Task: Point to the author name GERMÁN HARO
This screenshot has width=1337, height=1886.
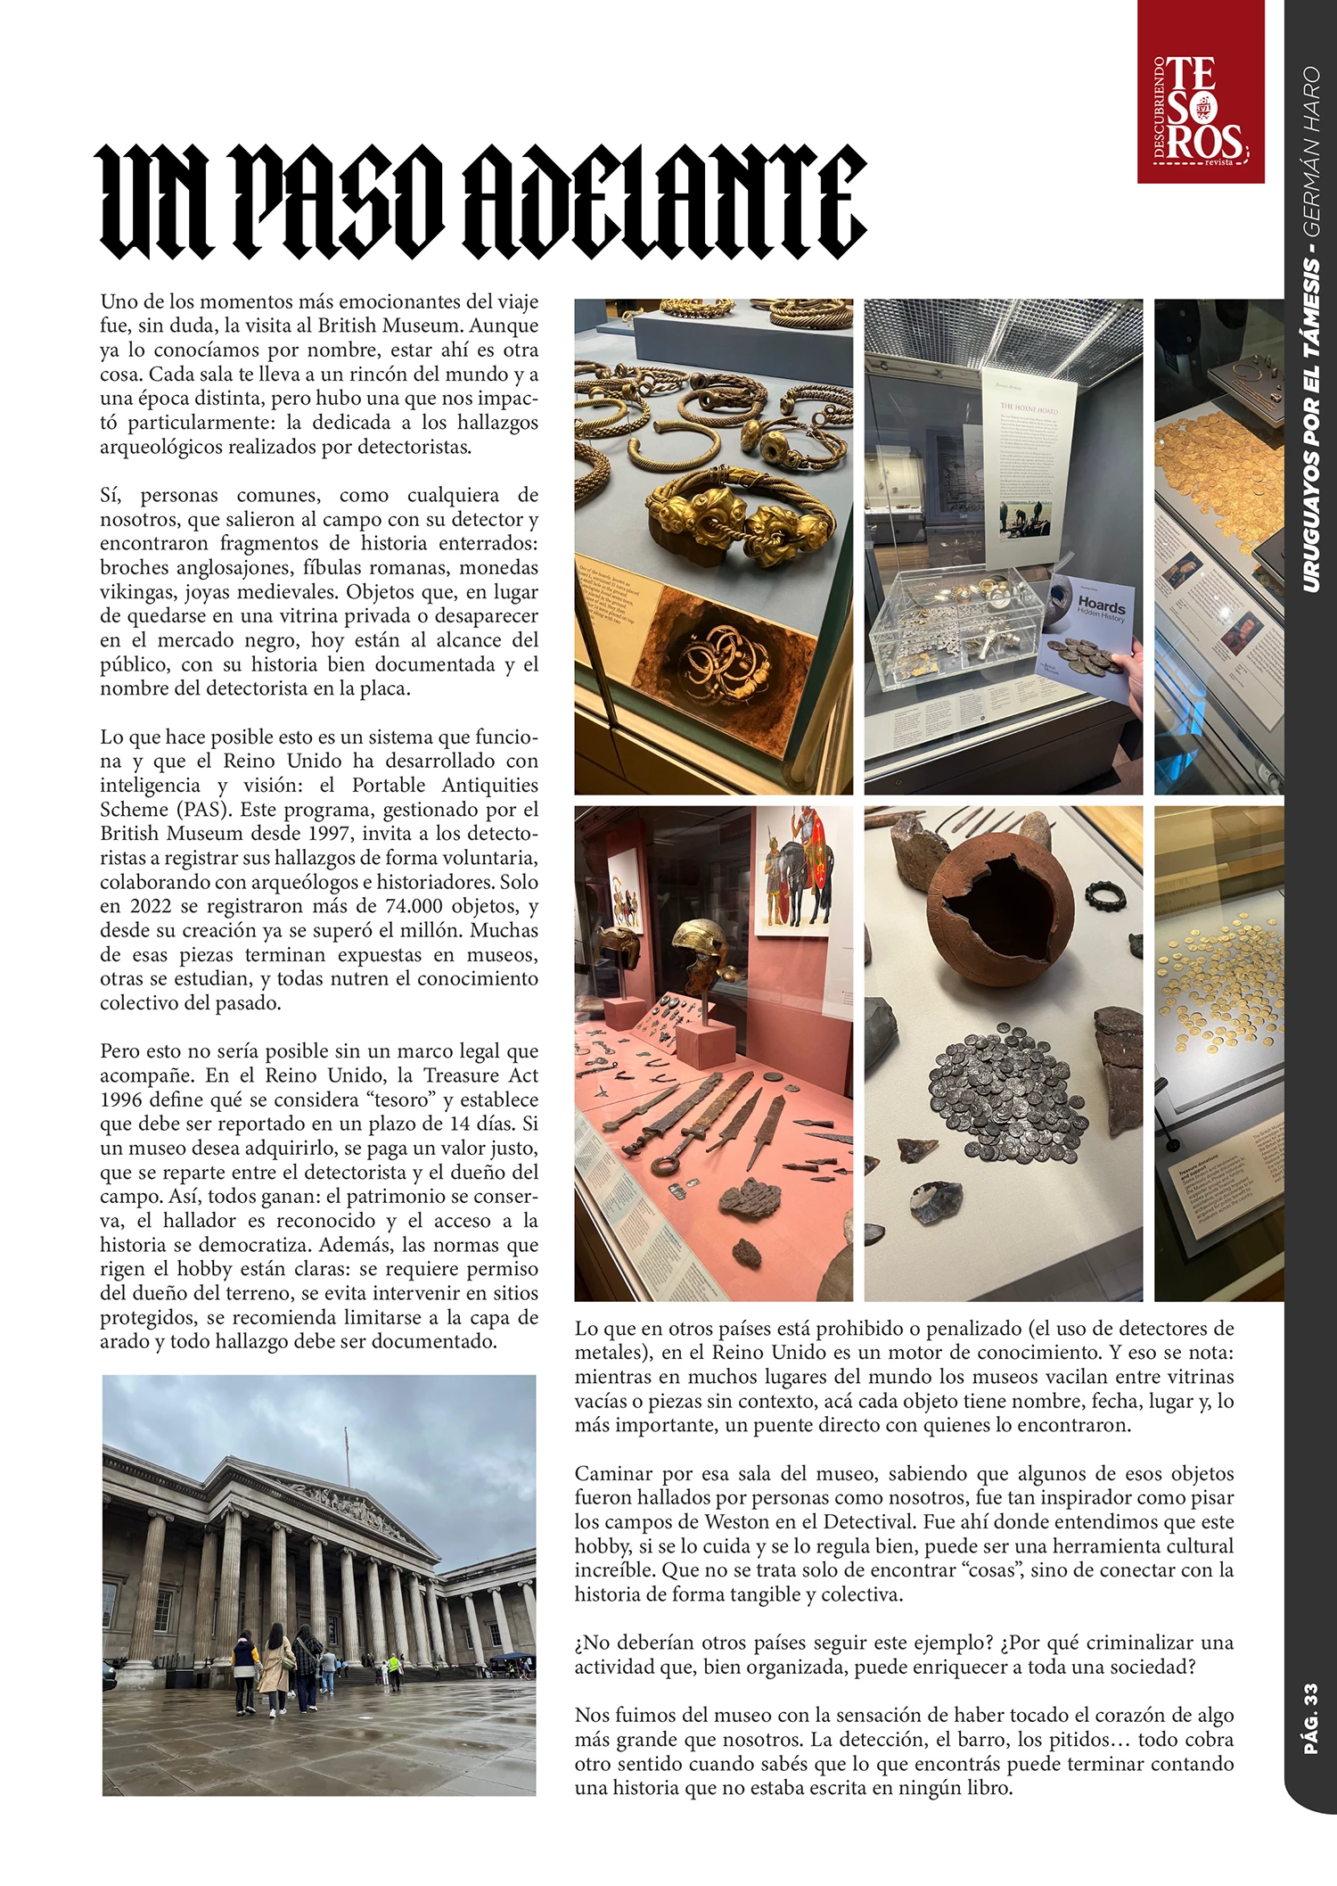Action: (x=1309, y=152)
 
